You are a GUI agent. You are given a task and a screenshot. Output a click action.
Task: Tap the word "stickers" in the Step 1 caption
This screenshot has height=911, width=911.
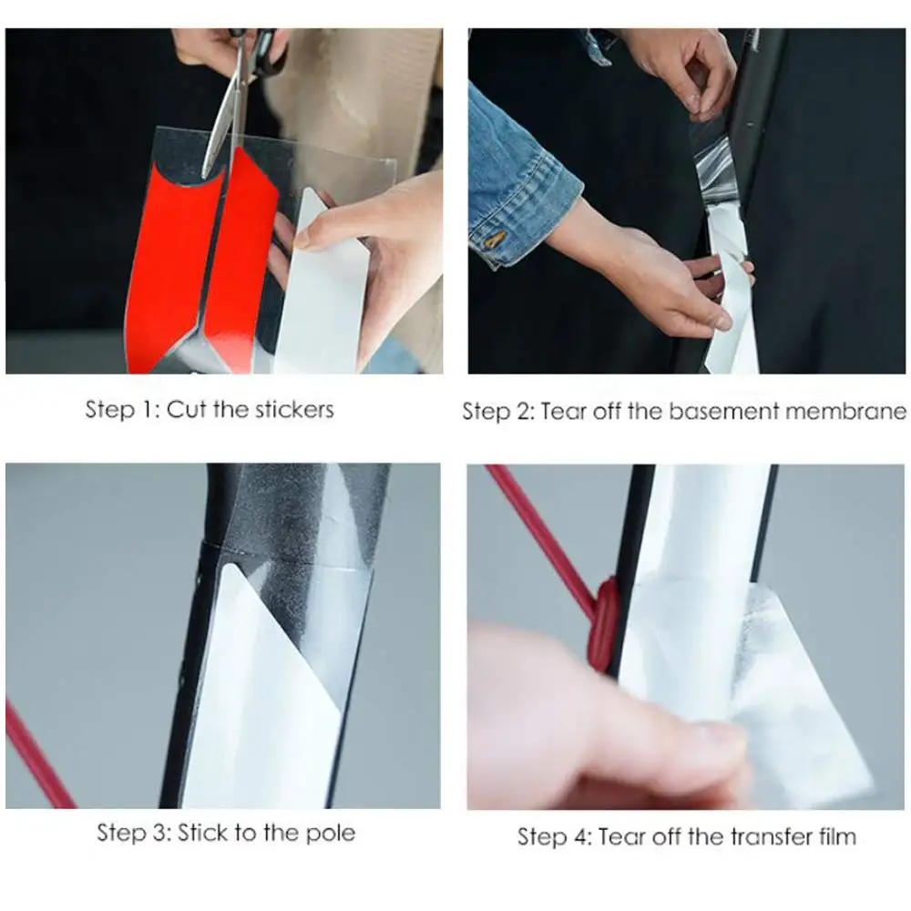tap(294, 410)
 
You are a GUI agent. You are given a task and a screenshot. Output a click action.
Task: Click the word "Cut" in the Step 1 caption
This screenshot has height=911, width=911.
tap(187, 410)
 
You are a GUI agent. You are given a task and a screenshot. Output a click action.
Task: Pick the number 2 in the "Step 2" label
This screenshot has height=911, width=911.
tap(524, 412)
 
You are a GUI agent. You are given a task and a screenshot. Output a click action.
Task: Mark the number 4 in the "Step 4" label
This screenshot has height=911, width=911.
tap(581, 837)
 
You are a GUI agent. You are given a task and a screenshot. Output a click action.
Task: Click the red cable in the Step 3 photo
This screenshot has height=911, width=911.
tap(37, 755)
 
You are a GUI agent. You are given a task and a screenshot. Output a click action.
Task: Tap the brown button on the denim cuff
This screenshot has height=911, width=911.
tap(496, 238)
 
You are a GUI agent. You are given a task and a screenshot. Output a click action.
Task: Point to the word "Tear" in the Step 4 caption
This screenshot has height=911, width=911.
tap(622, 836)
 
